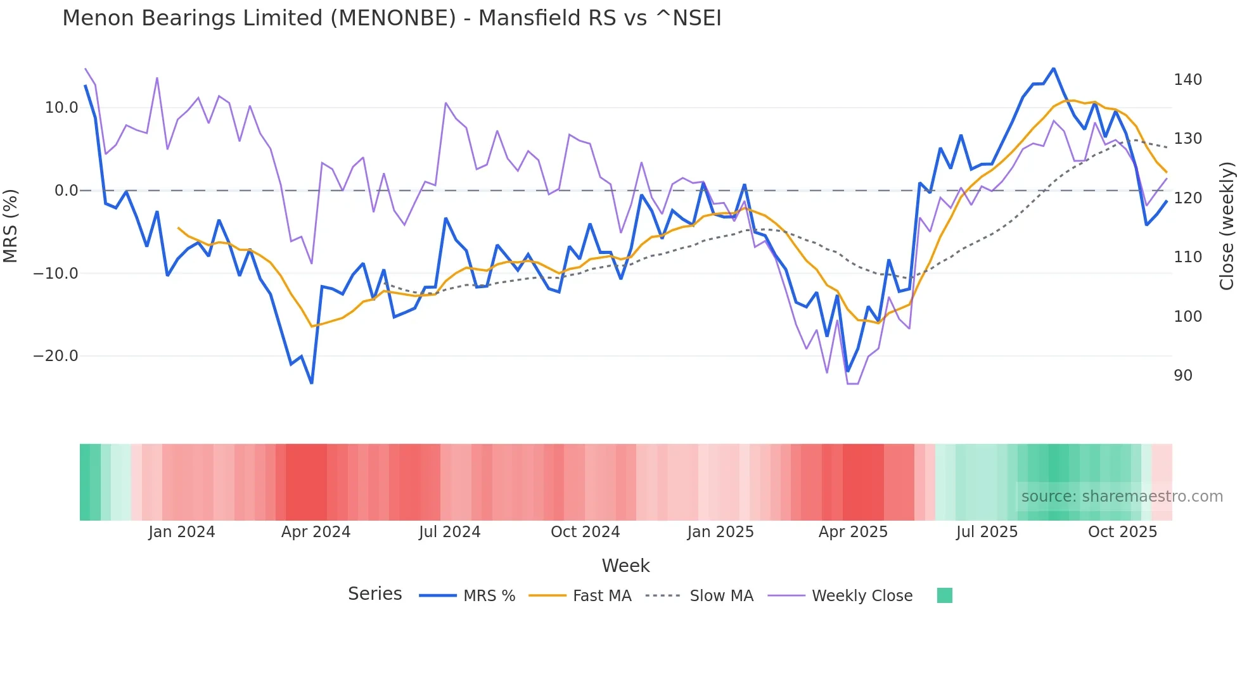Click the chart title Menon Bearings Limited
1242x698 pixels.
coord(391,18)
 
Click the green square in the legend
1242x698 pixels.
coord(944,595)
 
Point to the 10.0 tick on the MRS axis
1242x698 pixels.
coord(61,108)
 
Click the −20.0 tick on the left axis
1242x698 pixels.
coord(56,356)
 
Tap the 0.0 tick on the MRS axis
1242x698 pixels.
coord(67,191)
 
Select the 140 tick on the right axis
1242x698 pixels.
coord(1188,80)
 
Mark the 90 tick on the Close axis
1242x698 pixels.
coord(1183,376)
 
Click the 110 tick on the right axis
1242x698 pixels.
coord(1188,257)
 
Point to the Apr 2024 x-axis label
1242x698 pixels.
coord(316,532)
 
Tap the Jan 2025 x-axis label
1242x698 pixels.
coord(720,532)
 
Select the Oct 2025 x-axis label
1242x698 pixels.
coord(1122,532)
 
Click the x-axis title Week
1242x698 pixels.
coord(625,566)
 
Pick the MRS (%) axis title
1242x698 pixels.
coord(11,225)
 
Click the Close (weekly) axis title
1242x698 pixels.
coord(1227,225)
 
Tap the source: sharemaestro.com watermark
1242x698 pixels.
coord(1122,497)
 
